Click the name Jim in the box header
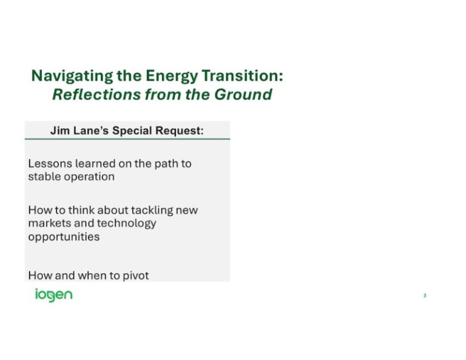pyautogui.click(x=59, y=131)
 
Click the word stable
pyautogui.click(x=44, y=177)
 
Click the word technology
pyautogui.click(x=128, y=223)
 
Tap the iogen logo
pyautogui.click(x=53, y=295)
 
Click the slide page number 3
pyautogui.click(x=425, y=296)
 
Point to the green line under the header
pyautogui.click(x=127, y=139)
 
